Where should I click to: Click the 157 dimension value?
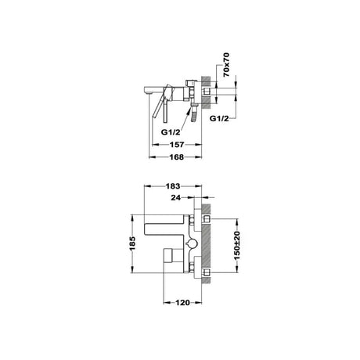pos(177,144)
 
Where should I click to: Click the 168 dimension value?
pos(177,157)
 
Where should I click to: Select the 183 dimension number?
pos(173,186)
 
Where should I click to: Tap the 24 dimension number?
pos(176,198)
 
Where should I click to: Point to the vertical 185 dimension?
pos(132,243)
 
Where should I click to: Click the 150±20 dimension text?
pos(237,246)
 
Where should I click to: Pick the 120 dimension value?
pos(182,303)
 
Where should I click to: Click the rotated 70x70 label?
pos(226,65)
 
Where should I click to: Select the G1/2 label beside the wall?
pos(219,119)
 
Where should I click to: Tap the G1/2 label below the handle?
pos(171,132)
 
